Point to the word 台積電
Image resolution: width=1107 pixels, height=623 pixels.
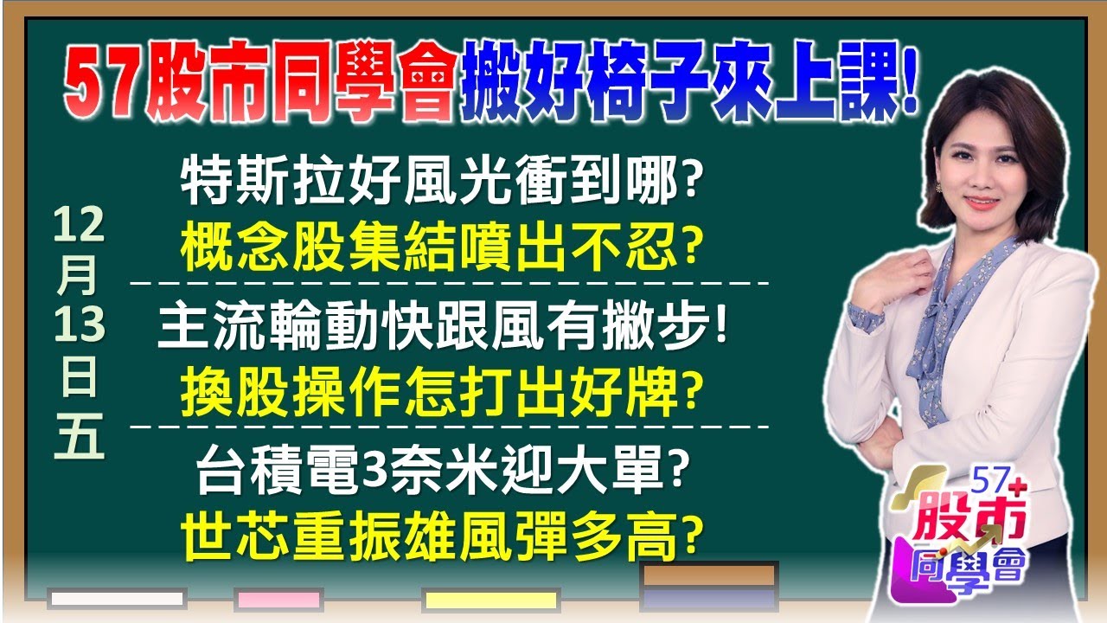tap(278, 470)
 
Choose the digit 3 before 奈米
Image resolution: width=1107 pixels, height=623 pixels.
tap(375, 472)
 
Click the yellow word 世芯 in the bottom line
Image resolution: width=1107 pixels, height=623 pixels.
tap(234, 536)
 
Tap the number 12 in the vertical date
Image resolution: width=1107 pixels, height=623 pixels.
tap(79, 226)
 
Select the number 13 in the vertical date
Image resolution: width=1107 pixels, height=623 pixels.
tap(80, 324)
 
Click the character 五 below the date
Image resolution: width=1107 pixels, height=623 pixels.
tap(79, 436)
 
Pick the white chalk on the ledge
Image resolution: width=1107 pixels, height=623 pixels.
tap(117, 599)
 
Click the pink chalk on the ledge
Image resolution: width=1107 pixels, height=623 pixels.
tap(279, 600)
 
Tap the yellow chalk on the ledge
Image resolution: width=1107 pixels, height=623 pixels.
tap(491, 600)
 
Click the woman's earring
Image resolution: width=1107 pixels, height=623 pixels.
tap(937, 188)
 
